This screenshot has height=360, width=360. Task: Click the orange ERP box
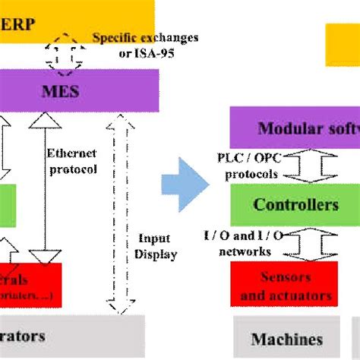pos(76,18)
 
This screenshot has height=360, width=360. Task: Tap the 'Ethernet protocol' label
pos(72,161)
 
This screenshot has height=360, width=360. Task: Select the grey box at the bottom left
pos(68,336)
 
